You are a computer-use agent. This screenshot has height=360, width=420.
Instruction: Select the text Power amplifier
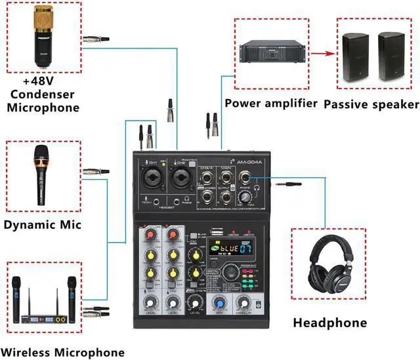[x=271, y=103]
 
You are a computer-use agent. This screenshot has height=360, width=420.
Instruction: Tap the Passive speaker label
[x=371, y=104]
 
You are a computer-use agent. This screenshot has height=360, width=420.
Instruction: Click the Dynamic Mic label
[x=43, y=225]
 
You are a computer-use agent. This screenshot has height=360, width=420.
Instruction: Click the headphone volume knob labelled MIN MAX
[x=247, y=195]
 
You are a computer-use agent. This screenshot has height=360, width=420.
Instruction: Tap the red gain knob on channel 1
[x=150, y=234]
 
